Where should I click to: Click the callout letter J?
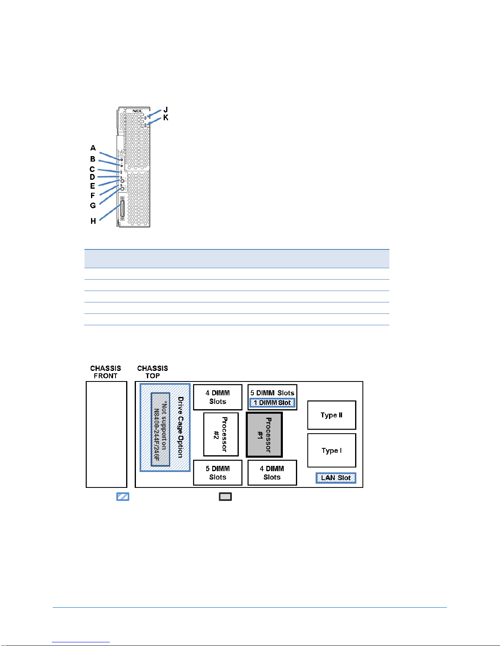166,110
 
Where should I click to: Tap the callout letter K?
166,117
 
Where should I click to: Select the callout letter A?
93,148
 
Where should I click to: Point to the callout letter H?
93,221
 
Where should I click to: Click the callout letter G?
93,205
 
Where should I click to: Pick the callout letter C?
92,169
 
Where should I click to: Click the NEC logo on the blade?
137,111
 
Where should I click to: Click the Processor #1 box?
264,434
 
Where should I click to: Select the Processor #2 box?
221,434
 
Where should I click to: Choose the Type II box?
331,415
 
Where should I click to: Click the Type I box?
331,450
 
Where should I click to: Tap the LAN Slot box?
336,478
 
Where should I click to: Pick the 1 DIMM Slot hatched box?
272,403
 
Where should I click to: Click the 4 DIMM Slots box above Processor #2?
218,397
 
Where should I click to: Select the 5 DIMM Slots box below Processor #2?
218,473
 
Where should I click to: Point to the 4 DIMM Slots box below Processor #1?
272,473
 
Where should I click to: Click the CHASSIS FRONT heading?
106,372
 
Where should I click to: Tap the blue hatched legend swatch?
123,496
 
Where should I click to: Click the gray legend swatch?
225,496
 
